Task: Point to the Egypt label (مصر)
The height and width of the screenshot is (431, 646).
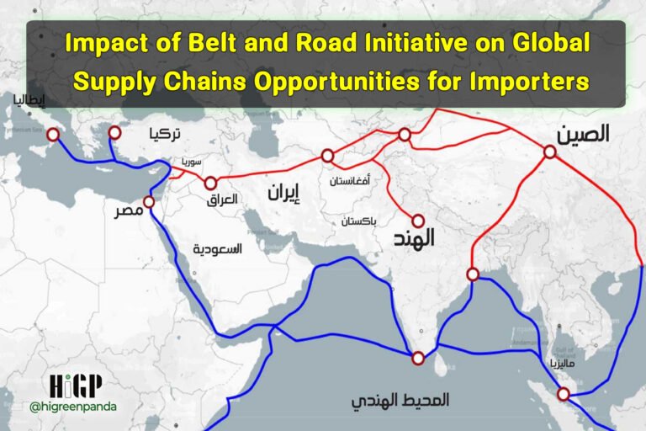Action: click(x=129, y=210)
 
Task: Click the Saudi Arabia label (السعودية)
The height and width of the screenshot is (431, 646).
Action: click(x=217, y=249)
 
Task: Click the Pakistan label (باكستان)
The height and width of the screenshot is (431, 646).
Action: click(x=360, y=221)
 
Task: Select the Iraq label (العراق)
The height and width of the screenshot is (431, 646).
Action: click(x=222, y=200)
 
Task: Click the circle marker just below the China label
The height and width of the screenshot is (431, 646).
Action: click(x=549, y=152)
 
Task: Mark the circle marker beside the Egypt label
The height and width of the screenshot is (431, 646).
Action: click(x=149, y=202)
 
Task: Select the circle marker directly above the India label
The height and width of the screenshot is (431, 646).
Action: click(x=418, y=220)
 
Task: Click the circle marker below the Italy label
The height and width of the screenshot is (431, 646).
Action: click(x=53, y=135)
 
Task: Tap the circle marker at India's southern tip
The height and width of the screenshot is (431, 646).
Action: click(x=418, y=359)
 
